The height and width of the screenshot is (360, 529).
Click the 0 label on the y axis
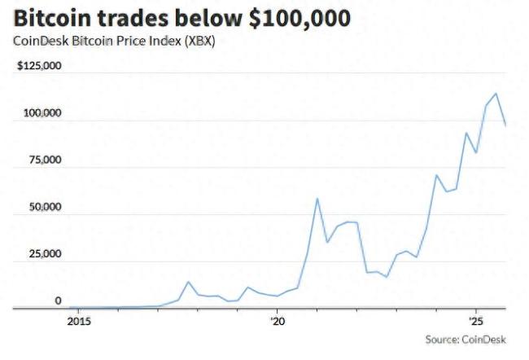(x=58, y=301)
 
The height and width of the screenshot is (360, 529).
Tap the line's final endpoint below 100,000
(x=506, y=125)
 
